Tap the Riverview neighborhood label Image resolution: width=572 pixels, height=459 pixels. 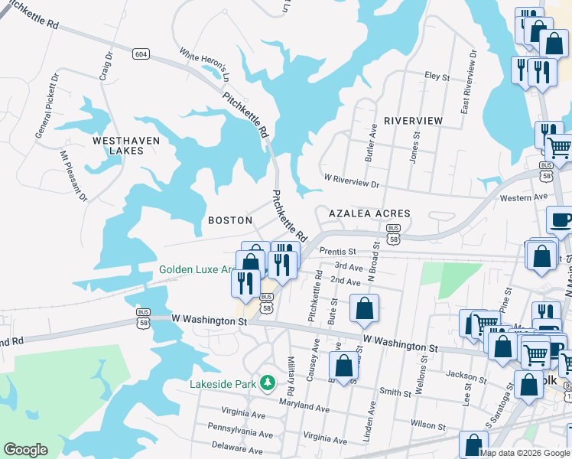pos(413,121)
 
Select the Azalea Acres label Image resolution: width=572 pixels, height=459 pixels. pos(369,213)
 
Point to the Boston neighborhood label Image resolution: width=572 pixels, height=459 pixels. pos(230,220)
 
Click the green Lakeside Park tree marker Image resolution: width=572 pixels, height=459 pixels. pos(267,382)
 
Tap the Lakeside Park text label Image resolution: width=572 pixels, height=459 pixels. pos(223,382)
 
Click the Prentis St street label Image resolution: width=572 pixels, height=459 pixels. pos(338,251)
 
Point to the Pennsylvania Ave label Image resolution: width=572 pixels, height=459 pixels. pos(239,434)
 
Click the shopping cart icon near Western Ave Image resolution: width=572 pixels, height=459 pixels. pos(559,146)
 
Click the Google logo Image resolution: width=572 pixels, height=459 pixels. pos(26,450)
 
